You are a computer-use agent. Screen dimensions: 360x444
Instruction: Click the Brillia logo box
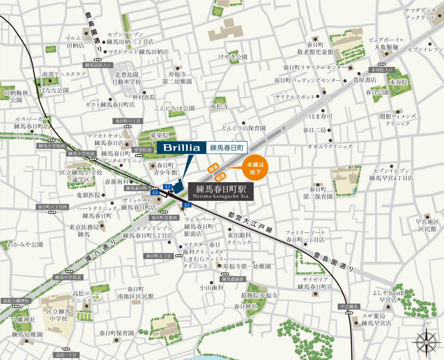point(182,147)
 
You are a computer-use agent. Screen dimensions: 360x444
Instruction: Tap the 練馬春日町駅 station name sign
point(221,191)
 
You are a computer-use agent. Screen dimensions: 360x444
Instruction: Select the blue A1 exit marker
point(187,205)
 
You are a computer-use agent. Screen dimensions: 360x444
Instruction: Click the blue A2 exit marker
point(167,187)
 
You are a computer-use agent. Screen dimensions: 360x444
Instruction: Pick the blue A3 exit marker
point(155,193)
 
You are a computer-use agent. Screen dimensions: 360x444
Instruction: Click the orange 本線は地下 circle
point(255,168)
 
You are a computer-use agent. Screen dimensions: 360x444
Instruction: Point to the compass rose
point(426,342)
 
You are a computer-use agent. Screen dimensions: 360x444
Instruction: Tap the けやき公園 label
point(233,57)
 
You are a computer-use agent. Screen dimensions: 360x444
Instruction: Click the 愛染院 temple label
point(159,135)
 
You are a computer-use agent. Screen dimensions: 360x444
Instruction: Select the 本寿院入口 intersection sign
point(382,70)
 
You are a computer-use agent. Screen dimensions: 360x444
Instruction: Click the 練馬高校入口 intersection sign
point(98,65)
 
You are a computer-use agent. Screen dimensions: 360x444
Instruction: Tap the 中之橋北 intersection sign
point(349,306)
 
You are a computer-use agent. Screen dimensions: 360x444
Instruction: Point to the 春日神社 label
point(246,307)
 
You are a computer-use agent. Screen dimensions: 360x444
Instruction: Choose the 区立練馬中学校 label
point(59,315)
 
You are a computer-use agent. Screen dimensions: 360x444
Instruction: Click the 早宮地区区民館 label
point(427,225)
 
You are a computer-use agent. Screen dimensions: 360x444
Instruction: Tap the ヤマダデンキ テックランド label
point(420,14)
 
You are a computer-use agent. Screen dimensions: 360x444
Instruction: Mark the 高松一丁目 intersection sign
point(66,355)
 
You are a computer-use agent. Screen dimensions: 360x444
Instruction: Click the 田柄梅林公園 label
point(16,96)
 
